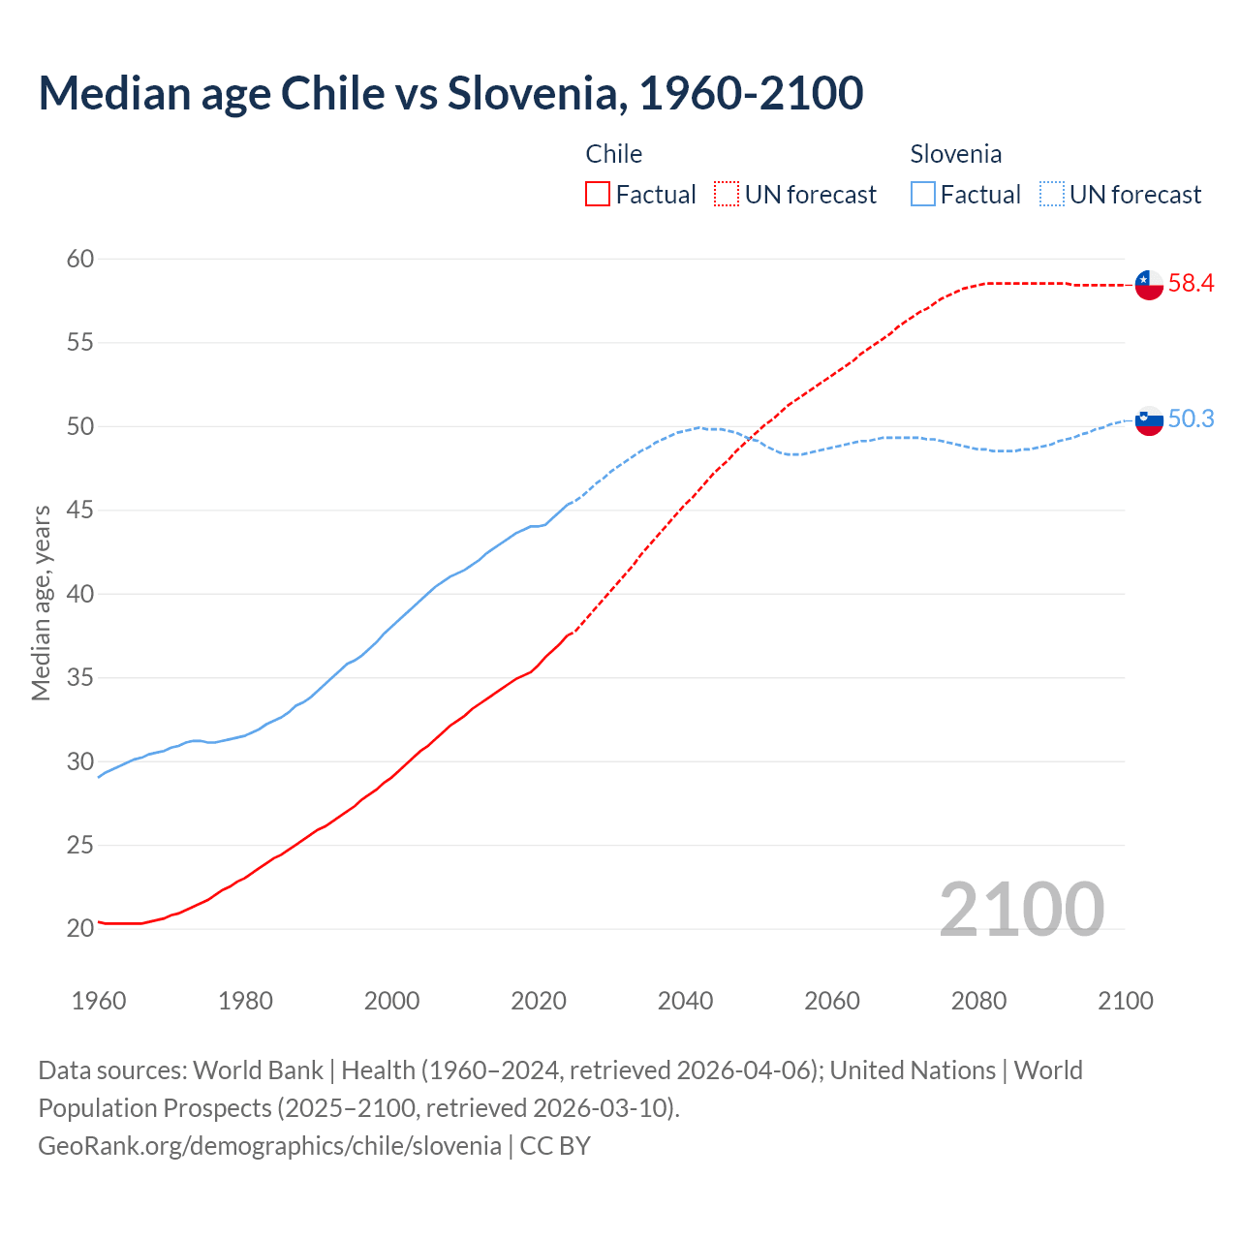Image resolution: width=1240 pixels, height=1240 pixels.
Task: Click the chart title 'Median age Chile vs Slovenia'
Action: [x=450, y=94]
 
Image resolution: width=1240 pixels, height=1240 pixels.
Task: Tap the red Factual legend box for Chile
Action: [x=598, y=195]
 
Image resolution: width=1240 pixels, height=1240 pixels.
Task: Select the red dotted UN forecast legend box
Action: [x=727, y=195]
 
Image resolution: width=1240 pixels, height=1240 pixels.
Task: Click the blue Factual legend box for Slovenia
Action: [x=923, y=195]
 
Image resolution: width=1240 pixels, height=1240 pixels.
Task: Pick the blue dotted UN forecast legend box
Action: [x=1052, y=195]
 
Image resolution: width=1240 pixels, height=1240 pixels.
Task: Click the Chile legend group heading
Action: [x=614, y=154]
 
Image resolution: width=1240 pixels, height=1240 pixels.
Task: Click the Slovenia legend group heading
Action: [x=955, y=154]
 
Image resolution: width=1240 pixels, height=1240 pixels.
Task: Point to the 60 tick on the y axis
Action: [x=80, y=259]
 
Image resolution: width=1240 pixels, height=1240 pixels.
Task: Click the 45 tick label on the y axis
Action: [x=80, y=511]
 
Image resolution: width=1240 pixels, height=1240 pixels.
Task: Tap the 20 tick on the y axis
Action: [x=80, y=929]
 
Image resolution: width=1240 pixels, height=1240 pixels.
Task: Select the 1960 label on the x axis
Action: [x=99, y=1001]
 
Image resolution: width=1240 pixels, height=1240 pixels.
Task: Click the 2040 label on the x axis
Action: [x=685, y=1001]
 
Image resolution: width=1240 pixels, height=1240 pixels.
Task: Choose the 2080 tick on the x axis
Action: [x=978, y=1001]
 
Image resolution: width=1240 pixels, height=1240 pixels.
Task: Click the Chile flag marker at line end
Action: [x=1149, y=285]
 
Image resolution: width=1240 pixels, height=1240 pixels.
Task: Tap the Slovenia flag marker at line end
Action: [x=1149, y=420]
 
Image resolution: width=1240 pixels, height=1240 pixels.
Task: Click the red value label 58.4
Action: [x=1191, y=284]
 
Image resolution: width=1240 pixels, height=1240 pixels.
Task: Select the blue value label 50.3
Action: [x=1191, y=418]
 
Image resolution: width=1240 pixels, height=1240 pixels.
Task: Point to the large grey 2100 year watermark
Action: [x=1021, y=910]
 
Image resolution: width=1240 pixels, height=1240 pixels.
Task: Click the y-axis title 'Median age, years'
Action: [x=41, y=603]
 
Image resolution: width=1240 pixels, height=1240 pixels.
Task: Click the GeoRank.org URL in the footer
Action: [x=269, y=1146]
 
